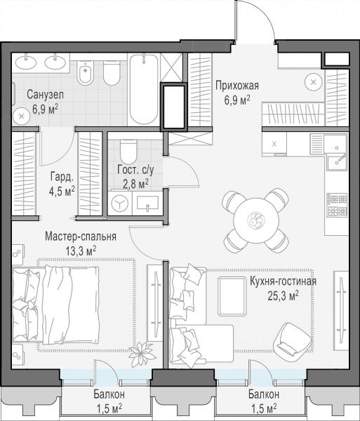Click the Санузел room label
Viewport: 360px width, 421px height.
(46, 95)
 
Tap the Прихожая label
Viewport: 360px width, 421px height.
(237, 86)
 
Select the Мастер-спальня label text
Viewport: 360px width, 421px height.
(81, 236)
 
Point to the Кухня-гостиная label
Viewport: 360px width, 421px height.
(284, 281)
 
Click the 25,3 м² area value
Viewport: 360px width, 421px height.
(284, 296)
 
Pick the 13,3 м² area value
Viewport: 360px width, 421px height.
(81, 251)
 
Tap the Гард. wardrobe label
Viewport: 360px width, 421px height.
(62, 177)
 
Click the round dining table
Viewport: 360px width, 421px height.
(255, 221)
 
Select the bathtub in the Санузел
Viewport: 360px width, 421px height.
(144, 89)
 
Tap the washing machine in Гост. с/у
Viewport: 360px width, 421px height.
(120, 203)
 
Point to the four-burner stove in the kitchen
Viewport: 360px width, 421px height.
(337, 205)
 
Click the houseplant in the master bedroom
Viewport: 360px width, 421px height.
(142, 354)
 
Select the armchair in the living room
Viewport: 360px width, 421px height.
(292, 338)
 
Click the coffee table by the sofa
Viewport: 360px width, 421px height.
(232, 296)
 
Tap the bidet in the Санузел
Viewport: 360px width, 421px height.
(85, 72)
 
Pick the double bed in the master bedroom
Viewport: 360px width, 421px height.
(55, 305)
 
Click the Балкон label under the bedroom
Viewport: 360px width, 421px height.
(109, 394)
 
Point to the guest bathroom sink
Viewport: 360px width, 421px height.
(147, 203)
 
